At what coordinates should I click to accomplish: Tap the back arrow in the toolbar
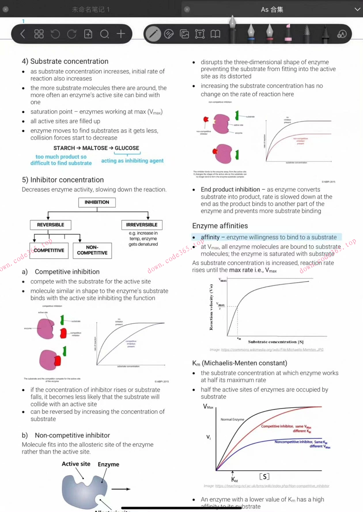click(23, 34)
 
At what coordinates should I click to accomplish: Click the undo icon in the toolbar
click(55, 34)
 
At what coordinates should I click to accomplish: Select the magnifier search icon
click(104, 34)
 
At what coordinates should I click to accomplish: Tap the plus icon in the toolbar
click(121, 34)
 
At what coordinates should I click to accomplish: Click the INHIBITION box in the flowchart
click(97, 202)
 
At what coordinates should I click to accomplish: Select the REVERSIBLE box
click(50, 225)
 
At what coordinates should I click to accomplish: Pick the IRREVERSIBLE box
click(142, 225)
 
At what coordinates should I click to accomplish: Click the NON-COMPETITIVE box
click(92, 250)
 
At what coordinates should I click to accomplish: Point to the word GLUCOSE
click(127, 148)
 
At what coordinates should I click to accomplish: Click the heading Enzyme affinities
click(220, 226)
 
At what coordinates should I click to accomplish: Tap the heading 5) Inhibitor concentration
click(63, 180)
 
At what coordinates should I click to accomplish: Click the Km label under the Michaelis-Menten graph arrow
click(234, 479)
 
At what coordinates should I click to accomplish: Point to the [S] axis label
click(264, 476)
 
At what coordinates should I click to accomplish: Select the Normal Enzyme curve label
click(232, 419)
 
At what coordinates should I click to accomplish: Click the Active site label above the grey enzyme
click(76, 464)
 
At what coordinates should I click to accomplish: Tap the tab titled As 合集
click(272, 9)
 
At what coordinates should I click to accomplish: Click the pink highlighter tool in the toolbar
click(288, 33)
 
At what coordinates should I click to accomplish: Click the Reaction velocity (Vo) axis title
click(211, 307)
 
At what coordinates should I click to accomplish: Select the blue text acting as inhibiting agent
click(132, 161)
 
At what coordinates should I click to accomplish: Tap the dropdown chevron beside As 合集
click(357, 9)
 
